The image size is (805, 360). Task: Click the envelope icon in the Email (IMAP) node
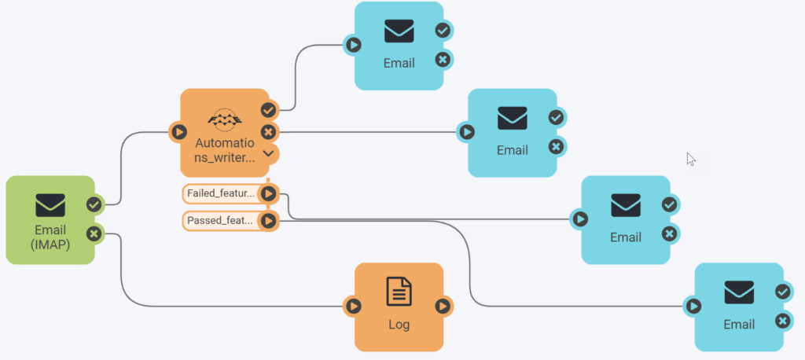tap(50, 205)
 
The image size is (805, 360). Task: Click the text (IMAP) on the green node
tap(50, 244)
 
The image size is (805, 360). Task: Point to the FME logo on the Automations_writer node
tap(224, 119)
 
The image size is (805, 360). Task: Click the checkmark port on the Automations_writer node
tap(268, 110)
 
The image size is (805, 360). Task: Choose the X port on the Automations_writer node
tap(268, 131)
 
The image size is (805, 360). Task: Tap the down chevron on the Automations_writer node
tap(268, 152)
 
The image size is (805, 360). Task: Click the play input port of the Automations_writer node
tap(179, 132)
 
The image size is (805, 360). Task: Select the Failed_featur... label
tap(221, 193)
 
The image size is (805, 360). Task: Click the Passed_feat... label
tap(221, 221)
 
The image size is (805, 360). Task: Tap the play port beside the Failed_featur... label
tap(268, 193)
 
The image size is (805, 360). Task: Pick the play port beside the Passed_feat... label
tap(268, 221)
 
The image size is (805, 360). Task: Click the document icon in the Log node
tap(399, 292)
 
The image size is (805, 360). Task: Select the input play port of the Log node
tap(354, 306)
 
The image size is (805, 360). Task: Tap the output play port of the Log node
tap(443, 306)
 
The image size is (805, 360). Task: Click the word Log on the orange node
tap(399, 324)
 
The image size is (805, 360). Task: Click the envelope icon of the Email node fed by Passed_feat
tap(739, 292)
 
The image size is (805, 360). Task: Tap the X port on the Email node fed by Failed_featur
tap(669, 233)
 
